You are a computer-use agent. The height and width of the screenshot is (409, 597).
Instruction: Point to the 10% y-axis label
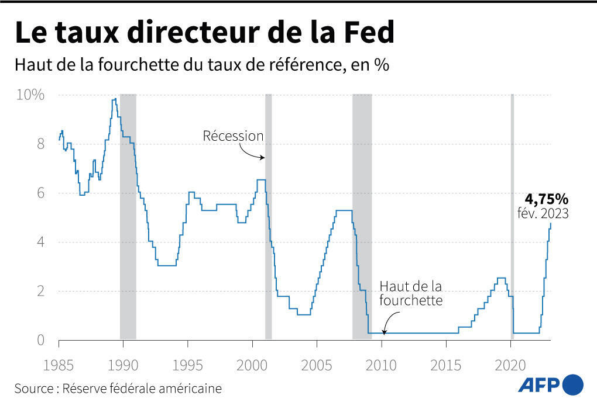pyautogui.click(x=29, y=95)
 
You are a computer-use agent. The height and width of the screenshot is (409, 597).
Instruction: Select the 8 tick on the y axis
pyautogui.click(x=40, y=144)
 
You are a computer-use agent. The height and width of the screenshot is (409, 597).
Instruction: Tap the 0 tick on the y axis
pyautogui.click(x=40, y=339)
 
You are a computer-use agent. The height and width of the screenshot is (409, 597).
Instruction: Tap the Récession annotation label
pyautogui.click(x=233, y=136)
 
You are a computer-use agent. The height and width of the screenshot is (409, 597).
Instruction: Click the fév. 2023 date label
pyautogui.click(x=543, y=214)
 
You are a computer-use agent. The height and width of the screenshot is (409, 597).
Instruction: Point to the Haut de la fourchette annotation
pyautogui.click(x=410, y=293)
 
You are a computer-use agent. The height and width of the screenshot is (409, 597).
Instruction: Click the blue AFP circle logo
pyautogui.click(x=572, y=384)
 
